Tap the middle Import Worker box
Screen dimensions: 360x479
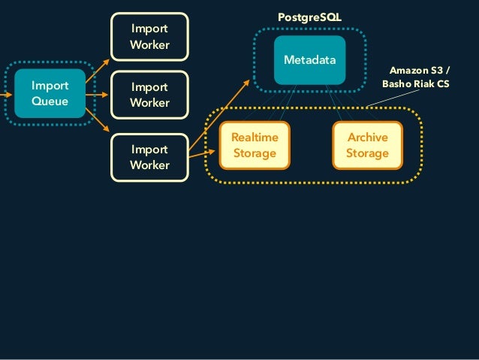point(149,95)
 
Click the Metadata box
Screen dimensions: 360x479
point(309,59)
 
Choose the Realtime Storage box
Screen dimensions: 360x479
point(254,146)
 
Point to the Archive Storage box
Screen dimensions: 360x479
point(367,146)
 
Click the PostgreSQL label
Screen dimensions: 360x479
point(309,16)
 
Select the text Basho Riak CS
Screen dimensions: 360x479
point(415,84)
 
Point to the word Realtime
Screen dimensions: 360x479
point(254,138)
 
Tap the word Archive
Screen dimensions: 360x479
point(367,138)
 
